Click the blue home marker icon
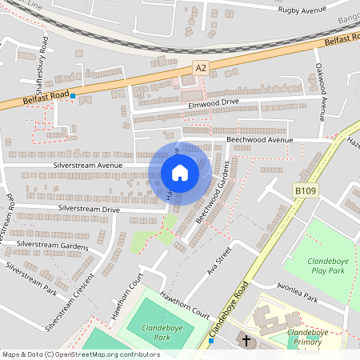[x=180, y=173]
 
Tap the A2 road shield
[x=202, y=70]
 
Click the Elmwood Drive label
[x=214, y=102]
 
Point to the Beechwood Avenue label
[x=260, y=139]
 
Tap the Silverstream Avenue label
[x=88, y=165]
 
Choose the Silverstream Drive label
[x=88, y=209]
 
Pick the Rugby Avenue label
[x=303, y=10]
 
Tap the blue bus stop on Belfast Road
[x=73, y=97]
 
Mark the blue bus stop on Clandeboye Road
[x=210, y=340]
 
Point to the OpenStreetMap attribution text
[x=81, y=354]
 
